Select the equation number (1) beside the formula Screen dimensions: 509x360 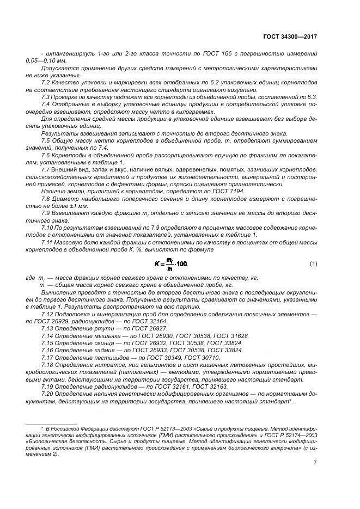pyautogui.click(x=313, y=263)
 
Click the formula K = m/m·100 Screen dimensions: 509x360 pyautogui.click(x=170, y=263)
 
